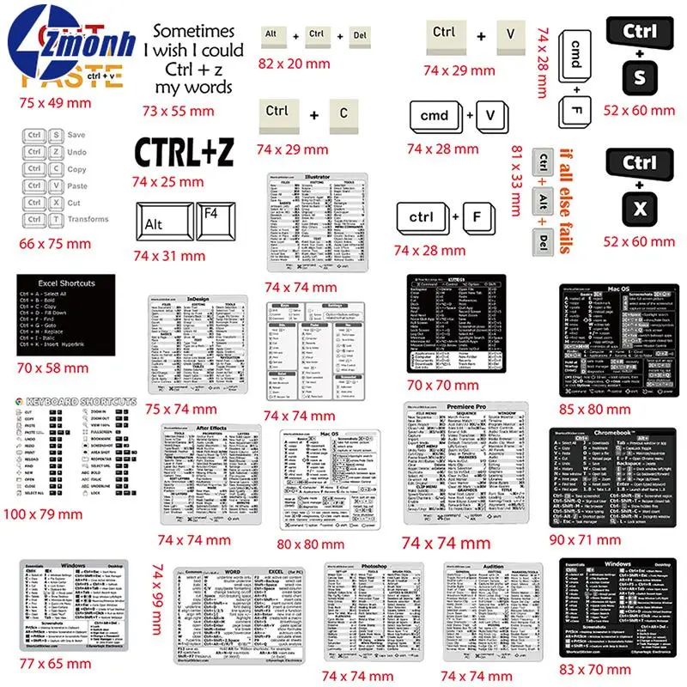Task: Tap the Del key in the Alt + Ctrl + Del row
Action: [x=361, y=35]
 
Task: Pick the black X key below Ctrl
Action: [x=639, y=210]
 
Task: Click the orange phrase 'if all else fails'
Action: [x=565, y=201]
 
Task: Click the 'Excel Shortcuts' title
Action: [x=66, y=283]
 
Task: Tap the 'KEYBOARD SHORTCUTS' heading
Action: [x=82, y=401]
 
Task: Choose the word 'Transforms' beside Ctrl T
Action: [x=88, y=219]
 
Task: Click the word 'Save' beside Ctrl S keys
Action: [x=76, y=135]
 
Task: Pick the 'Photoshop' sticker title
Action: [x=368, y=568]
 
